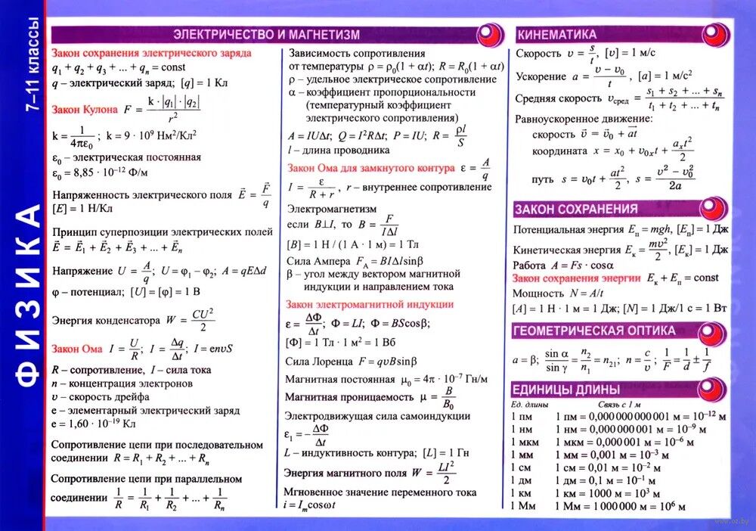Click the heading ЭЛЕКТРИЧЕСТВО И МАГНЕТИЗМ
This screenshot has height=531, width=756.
(x=266, y=35)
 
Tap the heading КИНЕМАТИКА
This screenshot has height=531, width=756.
(x=556, y=35)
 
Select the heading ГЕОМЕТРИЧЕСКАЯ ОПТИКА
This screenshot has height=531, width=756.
(x=594, y=331)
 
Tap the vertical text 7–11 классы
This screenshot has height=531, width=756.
(x=34, y=68)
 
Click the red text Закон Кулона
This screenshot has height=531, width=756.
(x=85, y=110)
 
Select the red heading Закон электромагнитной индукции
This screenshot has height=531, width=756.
(x=370, y=304)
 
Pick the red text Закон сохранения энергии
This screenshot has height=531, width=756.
(x=577, y=278)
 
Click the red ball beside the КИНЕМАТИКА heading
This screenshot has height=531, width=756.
(x=715, y=35)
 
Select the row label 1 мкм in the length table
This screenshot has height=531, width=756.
(x=526, y=442)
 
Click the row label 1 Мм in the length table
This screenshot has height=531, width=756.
(x=525, y=505)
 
